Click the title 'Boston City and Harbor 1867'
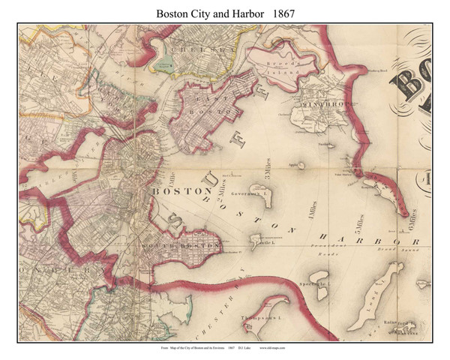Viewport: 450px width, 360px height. [225, 13]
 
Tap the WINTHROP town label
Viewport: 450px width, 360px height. [322, 104]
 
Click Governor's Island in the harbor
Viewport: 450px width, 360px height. [260, 196]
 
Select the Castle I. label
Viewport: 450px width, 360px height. [265, 243]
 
